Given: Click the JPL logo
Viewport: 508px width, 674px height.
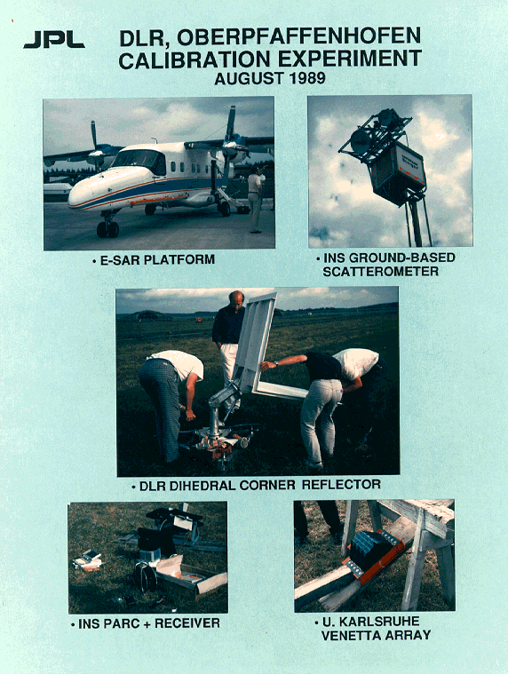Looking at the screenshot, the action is point(54,40).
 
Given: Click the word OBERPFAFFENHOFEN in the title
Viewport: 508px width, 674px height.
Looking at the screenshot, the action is point(298,37).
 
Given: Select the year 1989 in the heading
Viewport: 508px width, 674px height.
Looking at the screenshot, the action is point(307,78).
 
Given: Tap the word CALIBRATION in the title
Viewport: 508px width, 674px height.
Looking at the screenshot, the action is point(196,59).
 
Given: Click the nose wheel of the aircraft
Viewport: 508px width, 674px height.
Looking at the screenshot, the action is point(107,229).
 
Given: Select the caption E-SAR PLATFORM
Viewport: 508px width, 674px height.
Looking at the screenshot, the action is point(157,259).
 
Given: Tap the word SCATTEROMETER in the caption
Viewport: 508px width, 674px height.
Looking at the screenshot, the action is point(381,272).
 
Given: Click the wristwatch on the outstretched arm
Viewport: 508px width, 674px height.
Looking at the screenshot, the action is point(276,363).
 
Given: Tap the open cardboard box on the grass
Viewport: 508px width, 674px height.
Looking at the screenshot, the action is point(192,576).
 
